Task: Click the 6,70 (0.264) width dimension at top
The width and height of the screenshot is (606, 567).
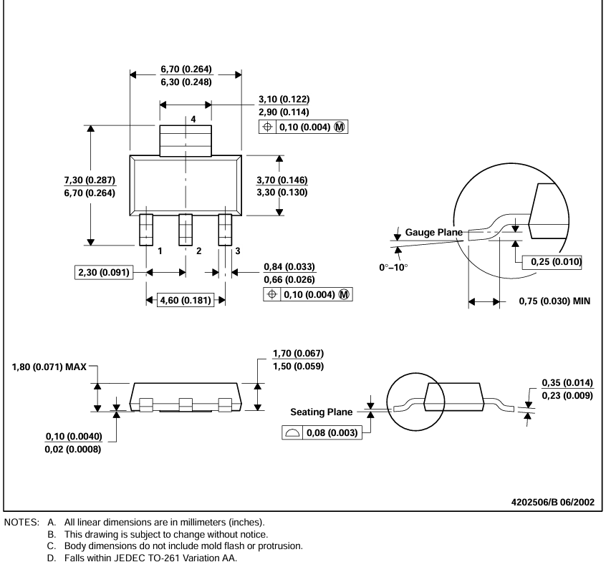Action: point(186,69)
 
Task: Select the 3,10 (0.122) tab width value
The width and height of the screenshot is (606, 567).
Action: point(284,99)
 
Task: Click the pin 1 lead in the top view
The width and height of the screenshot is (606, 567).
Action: point(146,229)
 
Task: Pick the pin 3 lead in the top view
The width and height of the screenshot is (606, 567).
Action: point(226,229)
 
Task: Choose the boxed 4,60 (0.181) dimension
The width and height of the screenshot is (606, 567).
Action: point(186,300)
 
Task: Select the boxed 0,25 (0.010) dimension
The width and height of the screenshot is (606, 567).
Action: point(552,263)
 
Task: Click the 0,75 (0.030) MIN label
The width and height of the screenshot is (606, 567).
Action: point(554,302)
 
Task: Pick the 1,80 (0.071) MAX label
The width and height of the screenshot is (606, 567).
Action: point(49,367)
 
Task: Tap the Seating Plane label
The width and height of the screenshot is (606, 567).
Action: point(322,412)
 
